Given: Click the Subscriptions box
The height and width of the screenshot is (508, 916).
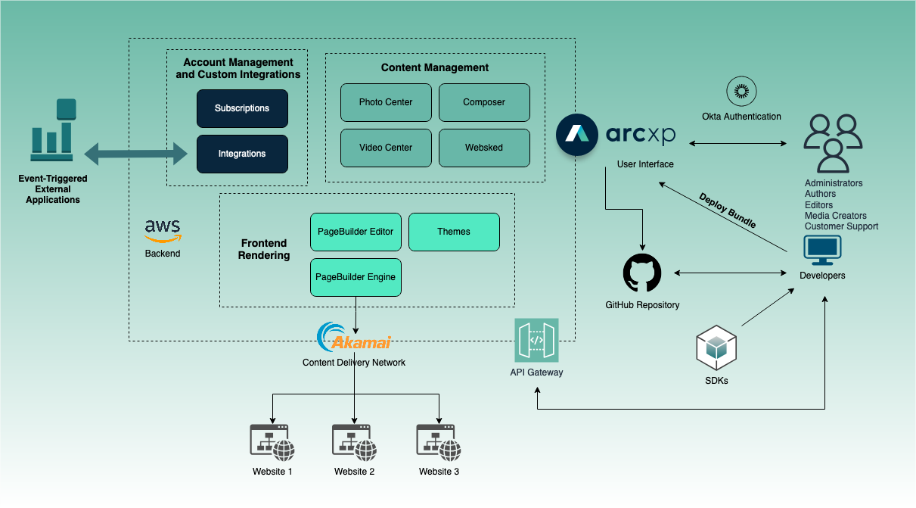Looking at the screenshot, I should click(x=242, y=108).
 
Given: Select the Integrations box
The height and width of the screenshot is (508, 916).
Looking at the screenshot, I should click(x=242, y=154).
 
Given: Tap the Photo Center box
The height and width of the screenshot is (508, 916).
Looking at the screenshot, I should click(x=386, y=102).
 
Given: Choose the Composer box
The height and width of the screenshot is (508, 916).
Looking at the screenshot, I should click(x=484, y=102).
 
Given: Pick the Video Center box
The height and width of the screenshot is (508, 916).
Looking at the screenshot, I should click(x=386, y=148).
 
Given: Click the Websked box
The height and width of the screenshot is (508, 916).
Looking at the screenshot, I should click(x=484, y=148).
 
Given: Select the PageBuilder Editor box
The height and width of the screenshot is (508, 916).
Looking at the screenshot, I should click(x=356, y=232).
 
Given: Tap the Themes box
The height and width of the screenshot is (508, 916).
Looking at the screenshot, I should click(x=454, y=232).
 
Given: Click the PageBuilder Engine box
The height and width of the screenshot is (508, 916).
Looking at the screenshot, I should click(x=356, y=277).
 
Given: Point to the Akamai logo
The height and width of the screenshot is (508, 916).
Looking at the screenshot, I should click(x=354, y=338).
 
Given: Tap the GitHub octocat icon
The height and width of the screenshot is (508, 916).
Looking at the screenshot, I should click(x=642, y=273).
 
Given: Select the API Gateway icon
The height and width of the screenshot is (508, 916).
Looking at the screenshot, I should click(x=536, y=340).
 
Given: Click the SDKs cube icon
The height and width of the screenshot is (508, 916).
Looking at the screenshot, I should click(x=716, y=347).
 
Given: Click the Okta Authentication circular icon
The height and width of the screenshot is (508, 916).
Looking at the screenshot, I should click(x=741, y=92).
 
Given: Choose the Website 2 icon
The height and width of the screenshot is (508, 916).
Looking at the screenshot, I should click(x=355, y=442).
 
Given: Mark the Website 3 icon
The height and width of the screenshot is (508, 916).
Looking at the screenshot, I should click(x=439, y=442).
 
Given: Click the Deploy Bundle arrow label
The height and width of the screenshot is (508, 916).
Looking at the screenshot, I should click(x=727, y=210).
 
